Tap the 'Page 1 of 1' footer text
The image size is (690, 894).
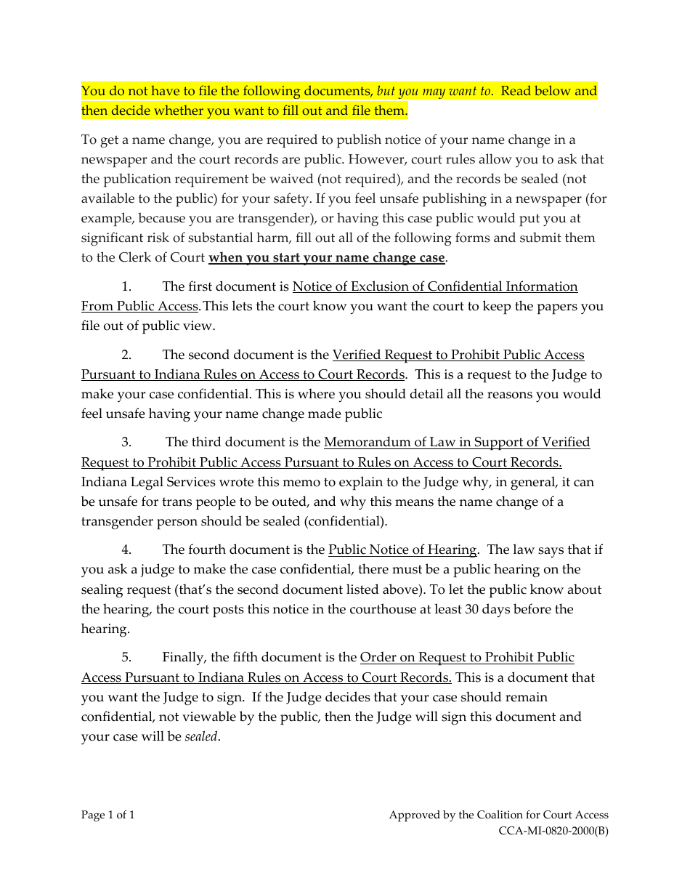[x=107, y=815]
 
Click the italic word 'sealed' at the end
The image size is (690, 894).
[x=201, y=736]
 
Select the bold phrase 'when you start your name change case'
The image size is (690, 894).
[x=326, y=257]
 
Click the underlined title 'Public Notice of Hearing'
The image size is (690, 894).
[x=402, y=549]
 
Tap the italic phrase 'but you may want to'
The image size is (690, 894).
[x=434, y=91]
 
